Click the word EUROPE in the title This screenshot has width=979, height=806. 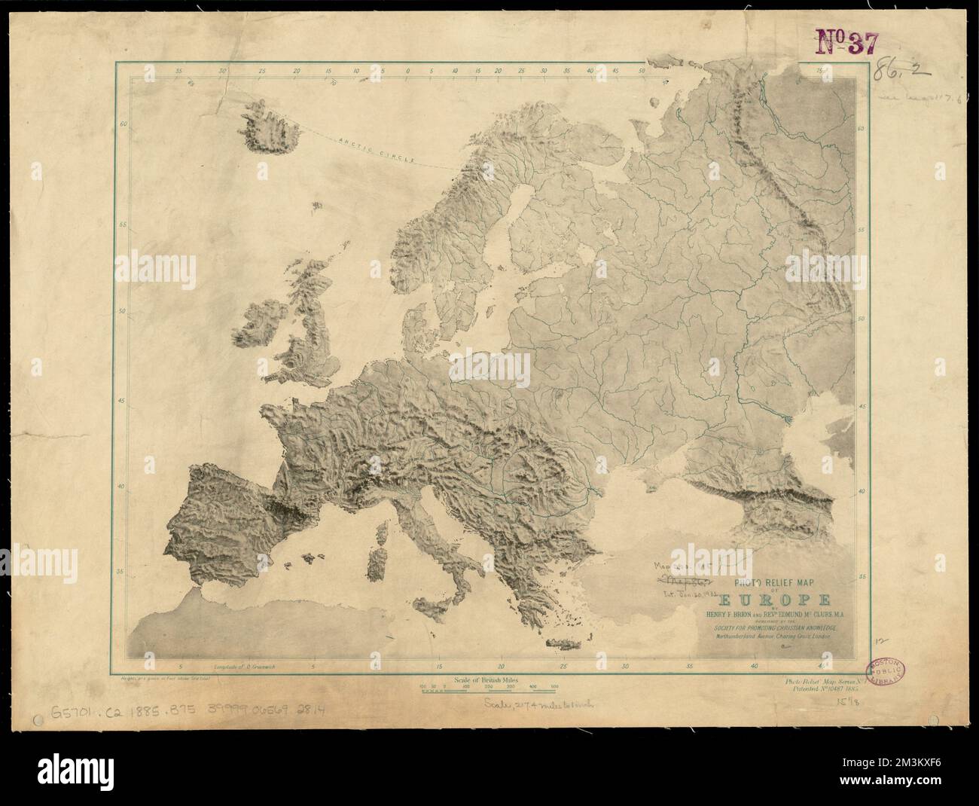[x=776, y=600]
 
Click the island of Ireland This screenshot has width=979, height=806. [x=258, y=326]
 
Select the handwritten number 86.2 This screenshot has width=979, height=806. [x=901, y=73]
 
